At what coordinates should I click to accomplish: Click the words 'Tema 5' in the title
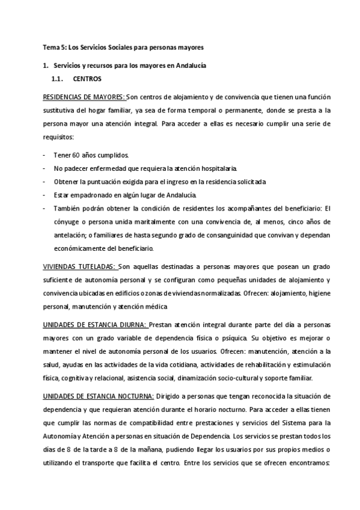tap(53, 46)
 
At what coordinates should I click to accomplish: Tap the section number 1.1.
tap(58, 79)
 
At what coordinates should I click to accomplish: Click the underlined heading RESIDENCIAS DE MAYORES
tap(83, 98)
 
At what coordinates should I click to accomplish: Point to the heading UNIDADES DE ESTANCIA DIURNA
tap(94, 325)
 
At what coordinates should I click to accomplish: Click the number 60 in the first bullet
tap(76, 155)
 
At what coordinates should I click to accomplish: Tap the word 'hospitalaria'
tap(220, 168)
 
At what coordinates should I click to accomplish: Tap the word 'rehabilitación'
tap(244, 365)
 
